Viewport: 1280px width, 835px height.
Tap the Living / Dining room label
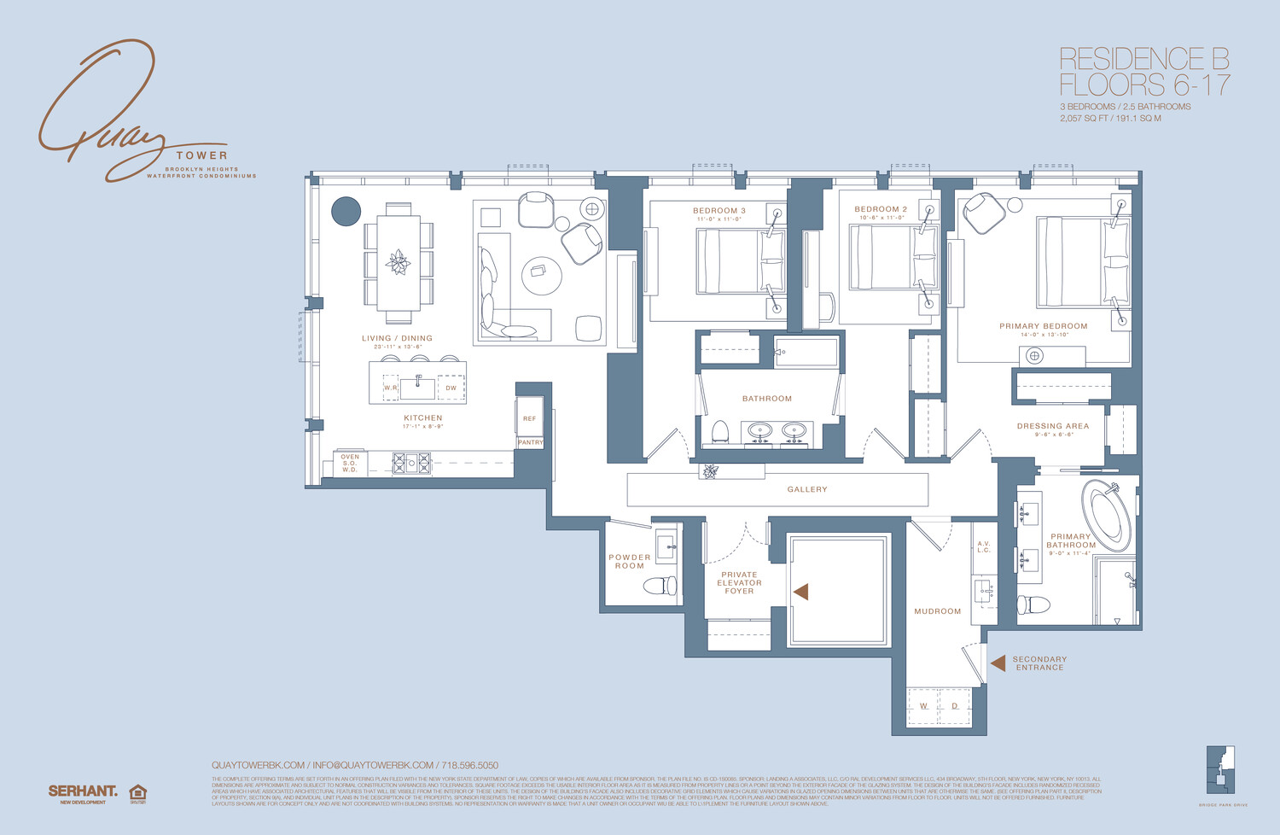[397, 338]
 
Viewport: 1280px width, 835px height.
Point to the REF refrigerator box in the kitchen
[529, 418]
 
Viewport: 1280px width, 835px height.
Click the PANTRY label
[530, 442]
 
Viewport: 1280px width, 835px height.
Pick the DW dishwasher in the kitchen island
[451, 388]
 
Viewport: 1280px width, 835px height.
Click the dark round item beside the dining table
[346, 211]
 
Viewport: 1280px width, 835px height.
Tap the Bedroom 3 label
[719, 211]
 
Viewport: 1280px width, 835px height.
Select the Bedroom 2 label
[881, 209]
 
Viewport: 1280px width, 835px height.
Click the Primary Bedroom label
[1043, 326]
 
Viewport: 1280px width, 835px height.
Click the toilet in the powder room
[660, 586]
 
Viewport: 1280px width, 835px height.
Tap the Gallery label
[806, 489]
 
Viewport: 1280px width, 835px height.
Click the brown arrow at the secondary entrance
[998, 663]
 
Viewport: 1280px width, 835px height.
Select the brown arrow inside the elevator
[800, 591]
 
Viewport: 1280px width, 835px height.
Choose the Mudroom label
[937, 611]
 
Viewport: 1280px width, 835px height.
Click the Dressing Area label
[1052, 426]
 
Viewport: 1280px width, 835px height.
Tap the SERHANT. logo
[83, 791]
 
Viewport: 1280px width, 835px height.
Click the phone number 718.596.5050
[469, 765]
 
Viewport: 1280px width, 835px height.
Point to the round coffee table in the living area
[542, 275]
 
